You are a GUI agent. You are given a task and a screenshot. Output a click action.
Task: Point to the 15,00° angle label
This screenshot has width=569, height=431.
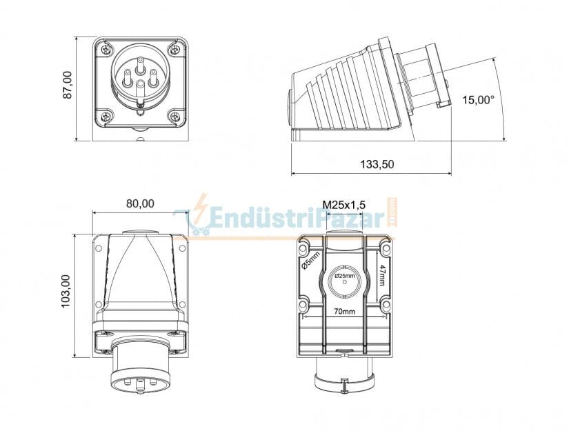pos(478,100)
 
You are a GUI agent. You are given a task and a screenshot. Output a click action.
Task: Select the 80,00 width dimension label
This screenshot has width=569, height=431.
pos(140,203)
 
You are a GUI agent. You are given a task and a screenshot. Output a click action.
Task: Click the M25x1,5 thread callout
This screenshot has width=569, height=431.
pos(344,204)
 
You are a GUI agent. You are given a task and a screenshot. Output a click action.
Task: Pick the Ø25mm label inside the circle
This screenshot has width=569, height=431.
pos(344,276)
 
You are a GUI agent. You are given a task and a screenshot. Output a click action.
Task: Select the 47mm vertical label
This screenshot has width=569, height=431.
pos(384,273)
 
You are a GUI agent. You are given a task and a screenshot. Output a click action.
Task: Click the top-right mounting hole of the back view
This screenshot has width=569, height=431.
pos(386,247)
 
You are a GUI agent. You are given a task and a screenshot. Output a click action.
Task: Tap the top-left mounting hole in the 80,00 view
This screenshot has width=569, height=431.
pos(99,247)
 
